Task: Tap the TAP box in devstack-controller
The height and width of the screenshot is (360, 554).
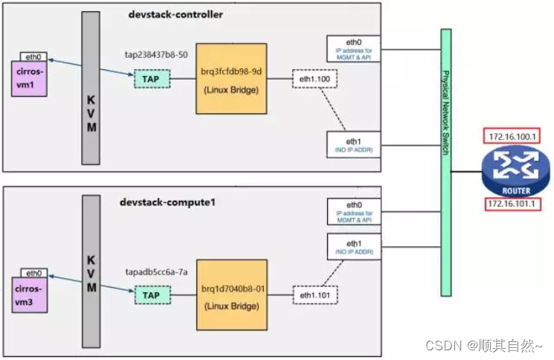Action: tap(152, 78)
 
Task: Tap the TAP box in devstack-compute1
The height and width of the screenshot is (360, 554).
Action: tap(152, 295)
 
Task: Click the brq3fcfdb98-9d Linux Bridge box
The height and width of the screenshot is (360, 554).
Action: tap(231, 78)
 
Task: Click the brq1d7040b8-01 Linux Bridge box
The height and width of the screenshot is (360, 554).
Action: tap(231, 295)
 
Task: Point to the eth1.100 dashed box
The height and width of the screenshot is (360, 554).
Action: tap(314, 78)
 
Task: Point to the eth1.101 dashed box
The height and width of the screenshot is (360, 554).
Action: tap(314, 295)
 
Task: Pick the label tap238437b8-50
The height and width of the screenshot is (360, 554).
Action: tap(156, 56)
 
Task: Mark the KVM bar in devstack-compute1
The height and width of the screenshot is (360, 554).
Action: tap(91, 271)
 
